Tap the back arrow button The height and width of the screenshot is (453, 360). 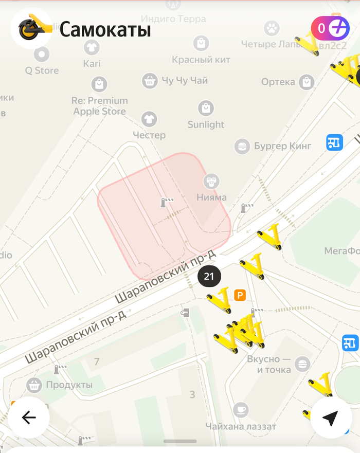coord(29,418)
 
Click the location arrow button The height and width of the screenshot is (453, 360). coord(331,418)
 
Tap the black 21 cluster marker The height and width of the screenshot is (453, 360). coord(209,276)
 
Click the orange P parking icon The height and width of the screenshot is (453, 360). coord(240,295)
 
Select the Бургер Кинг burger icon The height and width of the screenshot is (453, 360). coord(241,146)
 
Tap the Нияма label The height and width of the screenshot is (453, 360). coord(211,197)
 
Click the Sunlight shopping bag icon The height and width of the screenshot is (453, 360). coord(206,108)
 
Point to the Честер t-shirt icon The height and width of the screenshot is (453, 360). coord(149,119)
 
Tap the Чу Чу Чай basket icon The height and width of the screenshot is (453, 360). coord(149,80)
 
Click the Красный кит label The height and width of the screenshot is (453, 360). coord(201,60)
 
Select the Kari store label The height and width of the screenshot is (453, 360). coord(92,64)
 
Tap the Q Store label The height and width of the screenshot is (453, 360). coord(42,71)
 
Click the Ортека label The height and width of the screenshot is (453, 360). coord(278,82)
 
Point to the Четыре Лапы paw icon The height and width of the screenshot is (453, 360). coord(272,28)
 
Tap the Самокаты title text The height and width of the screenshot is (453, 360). coord(105,30)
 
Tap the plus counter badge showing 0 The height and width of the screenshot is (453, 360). coord(330,28)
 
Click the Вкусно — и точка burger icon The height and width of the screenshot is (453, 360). coord(303,364)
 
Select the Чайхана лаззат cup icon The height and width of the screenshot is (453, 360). coord(240,410)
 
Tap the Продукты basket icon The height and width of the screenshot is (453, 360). coord(34,385)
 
